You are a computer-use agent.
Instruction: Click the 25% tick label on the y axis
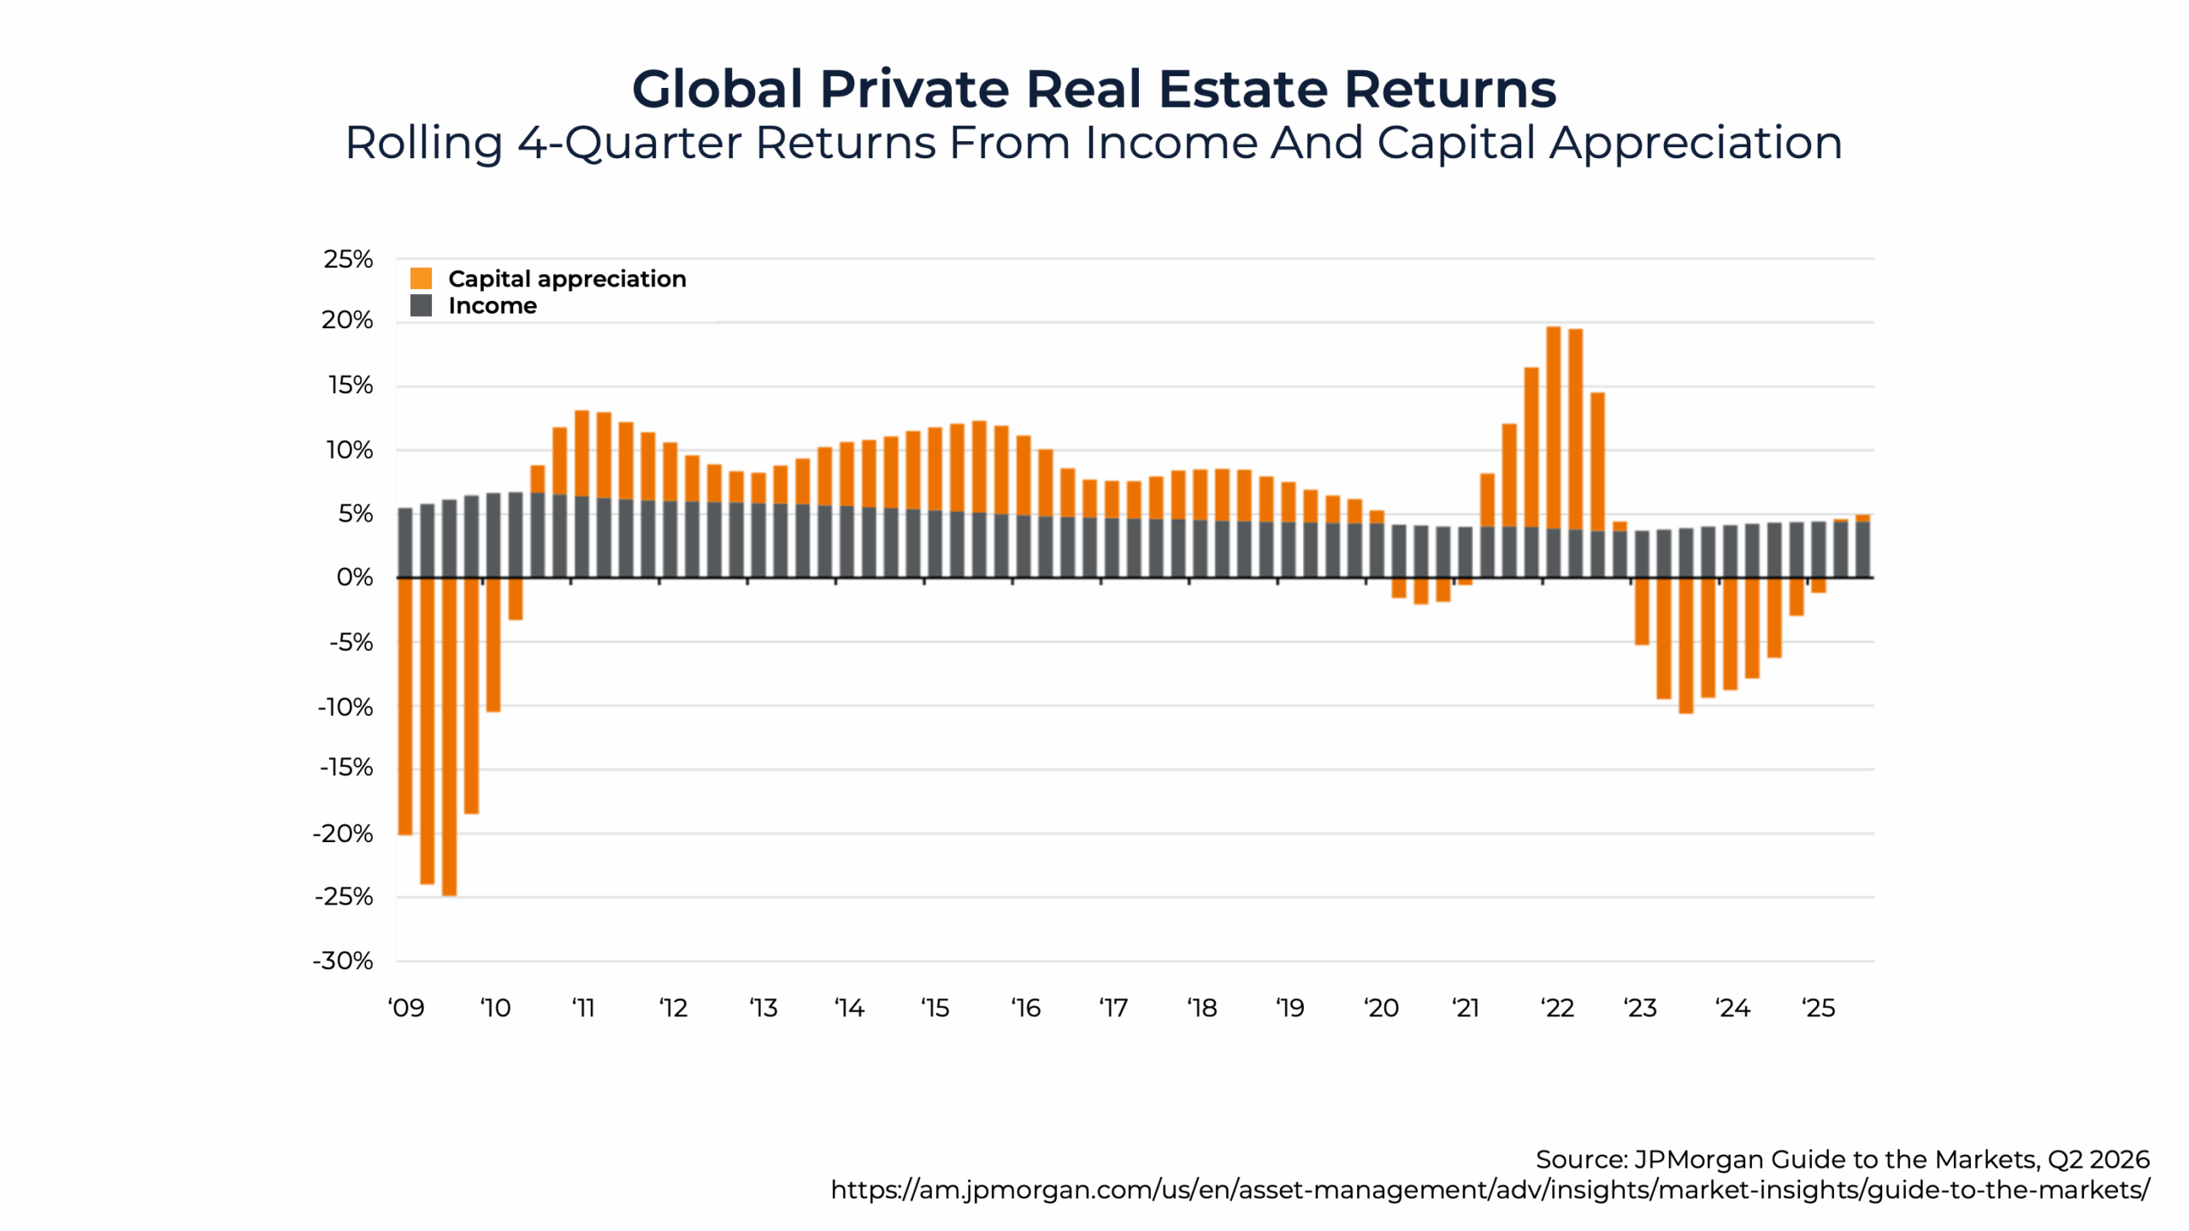coord(348,259)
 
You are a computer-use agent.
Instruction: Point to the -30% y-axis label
coord(343,961)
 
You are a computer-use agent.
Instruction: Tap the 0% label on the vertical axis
coord(354,577)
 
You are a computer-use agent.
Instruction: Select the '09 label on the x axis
coord(406,1008)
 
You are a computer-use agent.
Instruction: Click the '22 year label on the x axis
coord(1557,1008)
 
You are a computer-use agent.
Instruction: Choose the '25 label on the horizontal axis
coord(1819,1008)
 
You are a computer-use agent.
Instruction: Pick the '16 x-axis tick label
coord(1025,1008)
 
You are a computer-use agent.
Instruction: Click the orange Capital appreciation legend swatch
coord(421,279)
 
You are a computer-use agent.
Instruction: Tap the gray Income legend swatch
coord(421,305)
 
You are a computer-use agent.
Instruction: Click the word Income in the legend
coord(493,306)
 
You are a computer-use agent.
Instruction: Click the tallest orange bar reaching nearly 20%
coord(1553,427)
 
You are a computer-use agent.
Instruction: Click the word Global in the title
coord(717,89)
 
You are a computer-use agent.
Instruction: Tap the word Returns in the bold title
coord(1449,89)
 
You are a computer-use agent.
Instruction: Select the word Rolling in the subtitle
coord(423,143)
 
